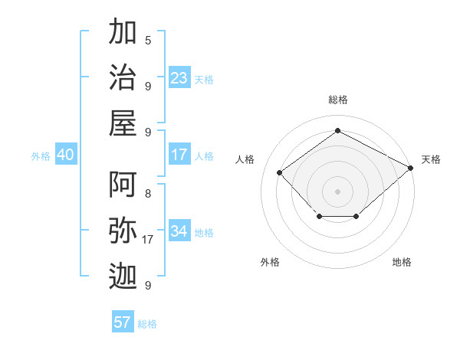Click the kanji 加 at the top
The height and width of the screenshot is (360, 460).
(x=123, y=33)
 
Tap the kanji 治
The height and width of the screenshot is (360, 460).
(x=123, y=77)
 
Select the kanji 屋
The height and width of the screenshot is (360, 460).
(x=123, y=123)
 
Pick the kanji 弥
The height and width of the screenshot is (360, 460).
(x=123, y=231)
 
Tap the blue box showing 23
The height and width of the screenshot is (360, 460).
(x=179, y=78)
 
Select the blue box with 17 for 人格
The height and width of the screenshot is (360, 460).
(x=179, y=155)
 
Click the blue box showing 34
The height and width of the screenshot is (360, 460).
(x=179, y=231)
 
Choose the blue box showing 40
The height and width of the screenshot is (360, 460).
(x=65, y=155)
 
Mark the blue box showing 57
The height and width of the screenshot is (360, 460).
(x=123, y=322)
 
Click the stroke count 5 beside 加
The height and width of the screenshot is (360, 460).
(x=148, y=41)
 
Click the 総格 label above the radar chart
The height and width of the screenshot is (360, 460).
(x=337, y=100)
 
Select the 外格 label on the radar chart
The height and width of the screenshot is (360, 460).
(x=270, y=262)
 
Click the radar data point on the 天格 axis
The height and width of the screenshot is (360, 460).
(x=411, y=168)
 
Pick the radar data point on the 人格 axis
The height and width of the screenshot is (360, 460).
(x=280, y=172)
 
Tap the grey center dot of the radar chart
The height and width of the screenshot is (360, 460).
(x=337, y=191)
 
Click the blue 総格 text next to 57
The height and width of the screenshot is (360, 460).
(x=147, y=324)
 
